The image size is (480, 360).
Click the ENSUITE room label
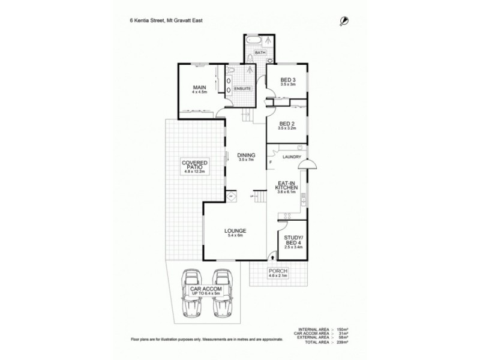click(242, 89)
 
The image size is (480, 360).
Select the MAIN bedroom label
click(199, 88)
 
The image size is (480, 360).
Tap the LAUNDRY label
click(291, 157)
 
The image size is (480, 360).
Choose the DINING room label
click(247, 155)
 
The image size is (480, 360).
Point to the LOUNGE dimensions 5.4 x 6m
click(235, 236)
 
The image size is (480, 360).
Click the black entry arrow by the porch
click(273, 257)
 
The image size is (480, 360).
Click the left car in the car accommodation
click(192, 292)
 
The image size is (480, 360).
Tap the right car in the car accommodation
click(223, 292)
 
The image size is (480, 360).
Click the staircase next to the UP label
click(259, 197)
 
